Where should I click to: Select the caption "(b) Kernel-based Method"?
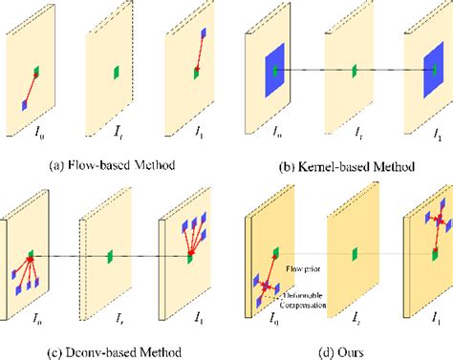pyautogui.click(x=339, y=167)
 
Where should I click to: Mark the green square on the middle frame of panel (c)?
pyautogui.click(x=112, y=256)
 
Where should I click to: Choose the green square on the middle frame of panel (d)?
pyautogui.click(x=353, y=255)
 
